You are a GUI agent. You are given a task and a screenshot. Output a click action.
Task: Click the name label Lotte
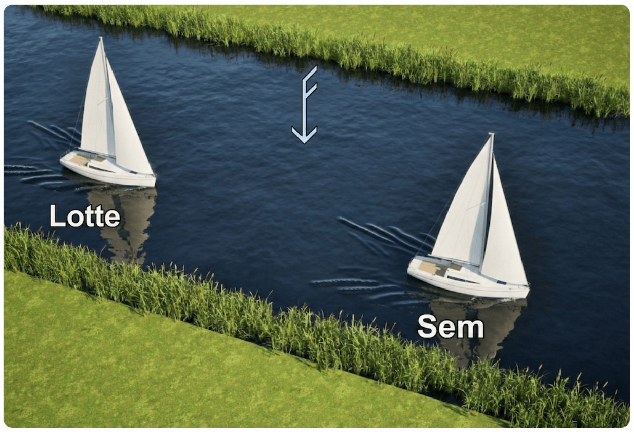85,215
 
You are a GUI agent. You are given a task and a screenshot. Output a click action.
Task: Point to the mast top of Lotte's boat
100,38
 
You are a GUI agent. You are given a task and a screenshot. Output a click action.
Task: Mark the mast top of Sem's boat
492,134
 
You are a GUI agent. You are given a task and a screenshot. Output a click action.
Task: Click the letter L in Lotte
57,215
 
